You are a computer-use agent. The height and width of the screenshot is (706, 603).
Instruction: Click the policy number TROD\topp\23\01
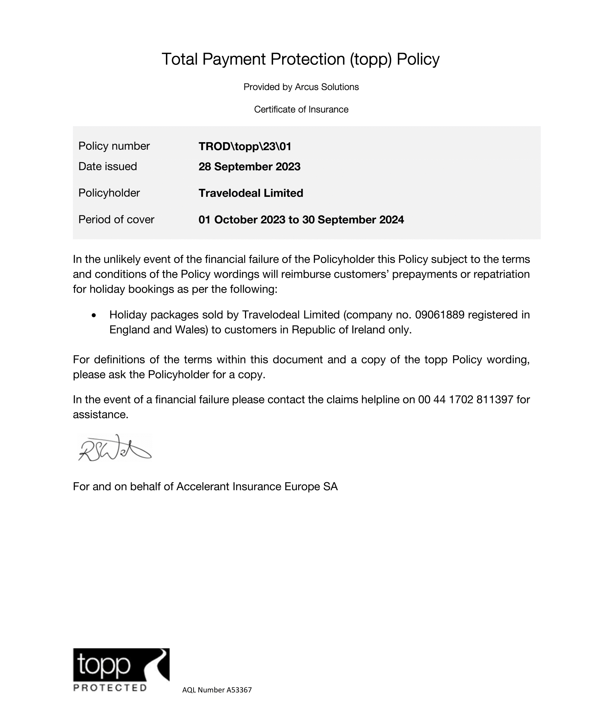pos(245,147)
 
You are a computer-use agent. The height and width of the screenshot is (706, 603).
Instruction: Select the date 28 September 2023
pos(249,167)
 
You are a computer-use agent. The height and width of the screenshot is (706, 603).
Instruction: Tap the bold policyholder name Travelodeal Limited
pos(251,193)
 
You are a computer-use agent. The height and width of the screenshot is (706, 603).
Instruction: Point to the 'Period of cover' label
pos(116,219)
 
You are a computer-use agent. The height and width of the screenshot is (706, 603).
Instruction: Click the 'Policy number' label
pos(114,146)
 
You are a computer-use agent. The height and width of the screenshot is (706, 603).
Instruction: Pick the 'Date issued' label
pos(108,167)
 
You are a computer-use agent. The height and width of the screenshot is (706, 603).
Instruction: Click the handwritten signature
pos(114,448)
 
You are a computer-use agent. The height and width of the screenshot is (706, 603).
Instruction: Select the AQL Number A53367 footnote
pos(217,690)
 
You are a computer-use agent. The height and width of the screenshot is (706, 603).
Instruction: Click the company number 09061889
pos(440,315)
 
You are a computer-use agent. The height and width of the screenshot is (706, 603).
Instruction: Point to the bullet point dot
pos(94,315)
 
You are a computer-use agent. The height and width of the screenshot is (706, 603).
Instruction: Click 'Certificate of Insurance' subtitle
pos(301,110)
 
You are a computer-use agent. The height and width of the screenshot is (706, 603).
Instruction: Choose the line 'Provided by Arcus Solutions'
pos(301,87)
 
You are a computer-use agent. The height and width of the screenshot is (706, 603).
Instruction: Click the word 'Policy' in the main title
pos(418,59)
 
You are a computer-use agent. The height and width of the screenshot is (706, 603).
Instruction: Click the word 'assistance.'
pos(101,415)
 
